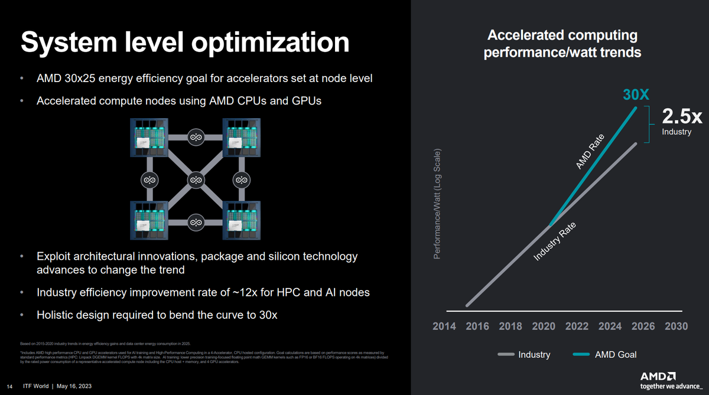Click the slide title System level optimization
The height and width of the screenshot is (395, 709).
(x=185, y=43)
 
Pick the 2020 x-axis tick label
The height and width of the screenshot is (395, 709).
(x=544, y=326)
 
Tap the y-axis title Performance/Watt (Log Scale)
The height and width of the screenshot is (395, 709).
(x=437, y=211)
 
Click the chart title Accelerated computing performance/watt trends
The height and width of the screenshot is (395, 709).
(x=562, y=44)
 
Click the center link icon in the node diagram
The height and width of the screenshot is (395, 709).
(x=196, y=179)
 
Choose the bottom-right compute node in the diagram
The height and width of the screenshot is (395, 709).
(x=242, y=221)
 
